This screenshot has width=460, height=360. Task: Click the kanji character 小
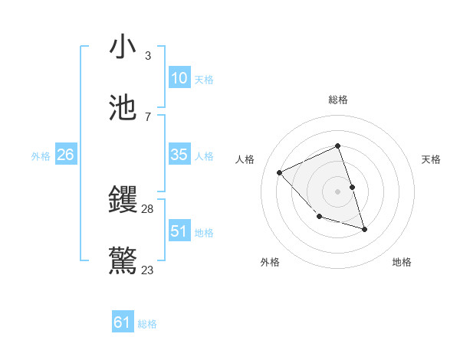[123, 47]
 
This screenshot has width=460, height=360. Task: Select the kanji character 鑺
[123, 201]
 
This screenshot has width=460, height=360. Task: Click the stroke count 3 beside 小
[147, 56]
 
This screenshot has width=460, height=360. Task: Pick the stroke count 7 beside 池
[147, 117]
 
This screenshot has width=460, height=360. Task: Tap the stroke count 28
[147, 209]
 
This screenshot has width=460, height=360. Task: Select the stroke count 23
[147, 270]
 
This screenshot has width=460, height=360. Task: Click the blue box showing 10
[179, 78]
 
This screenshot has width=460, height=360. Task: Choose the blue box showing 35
[179, 155]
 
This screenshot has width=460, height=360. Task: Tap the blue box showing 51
[179, 231]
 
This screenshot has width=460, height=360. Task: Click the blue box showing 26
[65, 155]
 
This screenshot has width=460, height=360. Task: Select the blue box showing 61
[123, 322]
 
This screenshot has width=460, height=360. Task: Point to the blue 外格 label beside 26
[41, 156]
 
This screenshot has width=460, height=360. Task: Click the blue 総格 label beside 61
[147, 324]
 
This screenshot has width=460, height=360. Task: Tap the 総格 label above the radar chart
[337, 100]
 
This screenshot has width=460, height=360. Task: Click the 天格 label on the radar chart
[431, 159]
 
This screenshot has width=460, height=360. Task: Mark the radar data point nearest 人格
[280, 172]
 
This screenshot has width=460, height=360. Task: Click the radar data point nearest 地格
[364, 229]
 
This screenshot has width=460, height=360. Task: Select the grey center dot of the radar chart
[337, 191]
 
